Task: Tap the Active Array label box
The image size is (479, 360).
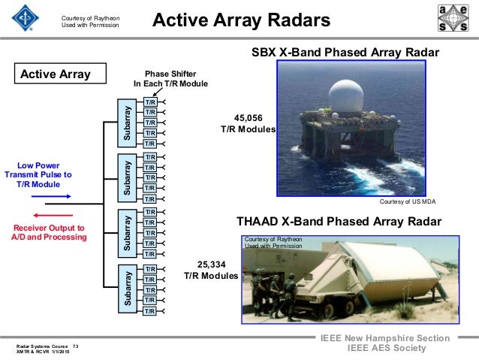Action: (x=55, y=74)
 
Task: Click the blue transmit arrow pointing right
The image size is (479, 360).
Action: (x=52, y=196)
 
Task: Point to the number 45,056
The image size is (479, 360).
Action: (x=249, y=118)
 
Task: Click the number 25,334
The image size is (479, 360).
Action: (x=211, y=265)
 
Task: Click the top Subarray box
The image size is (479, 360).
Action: (x=125, y=122)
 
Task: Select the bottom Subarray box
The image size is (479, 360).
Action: (x=125, y=289)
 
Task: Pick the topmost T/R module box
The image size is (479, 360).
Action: (x=150, y=101)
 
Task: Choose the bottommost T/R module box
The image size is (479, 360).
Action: (x=150, y=310)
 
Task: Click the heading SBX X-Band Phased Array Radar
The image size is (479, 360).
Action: (x=345, y=52)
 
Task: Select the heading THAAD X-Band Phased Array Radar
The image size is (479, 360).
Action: (x=339, y=222)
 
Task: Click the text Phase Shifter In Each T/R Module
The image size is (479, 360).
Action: (x=170, y=79)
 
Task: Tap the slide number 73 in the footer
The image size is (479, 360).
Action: (x=75, y=346)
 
